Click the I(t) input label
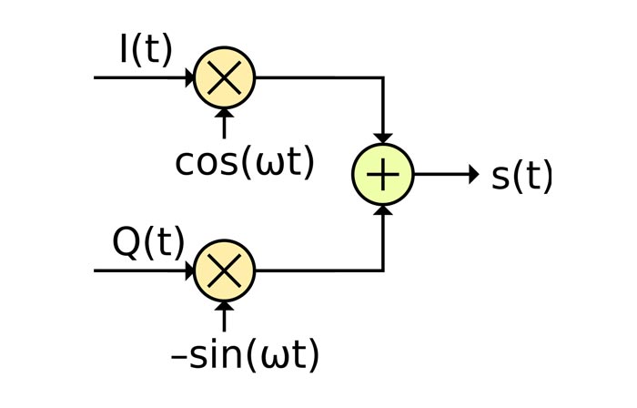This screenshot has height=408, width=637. (x=146, y=50)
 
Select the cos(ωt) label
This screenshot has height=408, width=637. (x=245, y=162)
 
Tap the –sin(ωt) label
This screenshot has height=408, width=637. (x=246, y=354)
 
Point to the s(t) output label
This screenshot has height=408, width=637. (x=521, y=176)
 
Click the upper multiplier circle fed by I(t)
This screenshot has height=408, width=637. (x=225, y=78)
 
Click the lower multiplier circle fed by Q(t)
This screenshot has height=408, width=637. (x=225, y=270)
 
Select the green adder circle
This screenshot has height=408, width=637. (x=383, y=175)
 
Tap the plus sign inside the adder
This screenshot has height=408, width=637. (x=383, y=175)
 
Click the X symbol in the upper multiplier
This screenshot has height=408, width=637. (x=225, y=78)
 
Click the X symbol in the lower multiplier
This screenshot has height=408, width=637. (x=225, y=270)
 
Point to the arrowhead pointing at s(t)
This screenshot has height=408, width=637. (x=471, y=175)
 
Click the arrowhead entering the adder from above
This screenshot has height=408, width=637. (x=383, y=138)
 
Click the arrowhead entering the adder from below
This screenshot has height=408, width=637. (x=383, y=212)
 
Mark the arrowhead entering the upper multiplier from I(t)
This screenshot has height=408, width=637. (x=187, y=78)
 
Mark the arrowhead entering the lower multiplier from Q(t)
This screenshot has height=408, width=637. (x=187, y=270)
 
